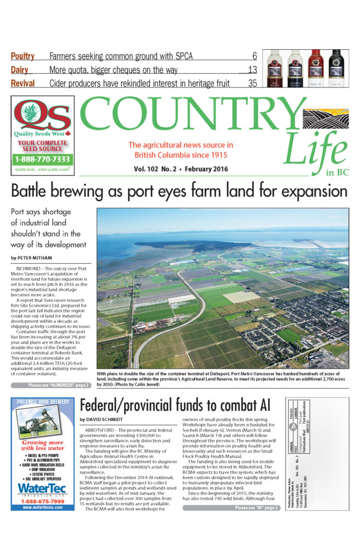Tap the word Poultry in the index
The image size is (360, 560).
pos(22,56)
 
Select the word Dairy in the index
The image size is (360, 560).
pos(20,69)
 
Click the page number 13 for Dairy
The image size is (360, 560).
pos(252,70)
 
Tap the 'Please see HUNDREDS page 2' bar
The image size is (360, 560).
pos(51,386)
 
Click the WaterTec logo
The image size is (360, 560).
pos(43,488)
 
